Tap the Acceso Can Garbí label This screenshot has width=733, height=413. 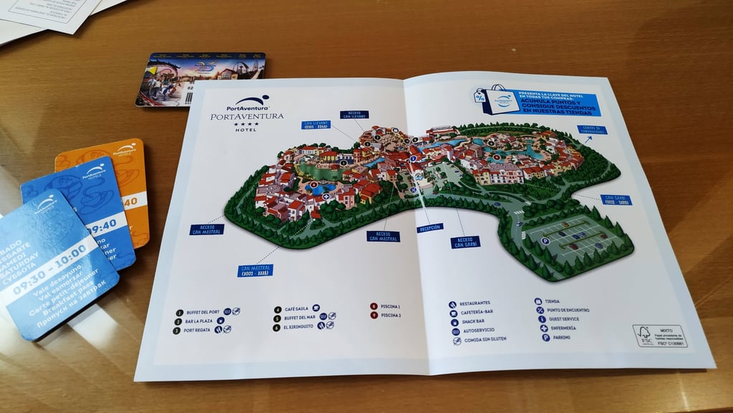pos(465,242)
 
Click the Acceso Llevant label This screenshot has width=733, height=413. pos(357,114)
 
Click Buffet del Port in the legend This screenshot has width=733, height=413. pos(203,313)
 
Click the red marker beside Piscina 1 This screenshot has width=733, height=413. pos(373,306)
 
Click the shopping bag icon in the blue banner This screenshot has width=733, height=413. pos(495,98)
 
